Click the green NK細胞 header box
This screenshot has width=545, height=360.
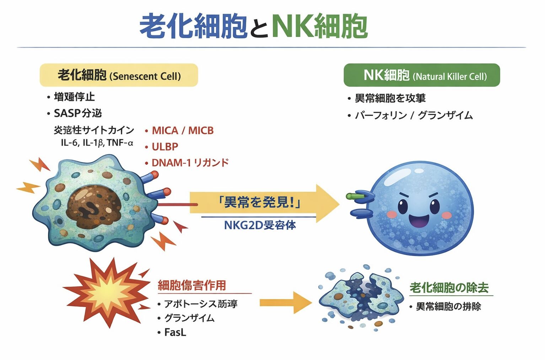tap(421, 75)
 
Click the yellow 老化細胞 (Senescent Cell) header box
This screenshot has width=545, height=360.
tap(119, 75)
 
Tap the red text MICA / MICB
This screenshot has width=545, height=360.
tap(183, 131)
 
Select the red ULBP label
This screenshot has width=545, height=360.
tap(165, 147)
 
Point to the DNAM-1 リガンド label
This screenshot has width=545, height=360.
tap(190, 163)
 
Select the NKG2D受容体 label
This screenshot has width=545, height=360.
tap(260, 225)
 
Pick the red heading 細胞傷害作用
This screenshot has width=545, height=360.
tap(192, 285)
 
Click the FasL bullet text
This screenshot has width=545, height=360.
tap(175, 332)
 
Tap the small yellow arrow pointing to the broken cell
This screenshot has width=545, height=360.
tap(284, 302)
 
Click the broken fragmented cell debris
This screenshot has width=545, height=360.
tap(361, 298)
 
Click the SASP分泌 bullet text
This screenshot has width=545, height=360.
tap(77, 113)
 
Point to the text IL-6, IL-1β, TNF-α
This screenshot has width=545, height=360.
tap(97, 143)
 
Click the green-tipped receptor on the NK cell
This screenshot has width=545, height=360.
tap(355, 196)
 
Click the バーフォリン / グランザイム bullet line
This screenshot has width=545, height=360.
tap(414, 115)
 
